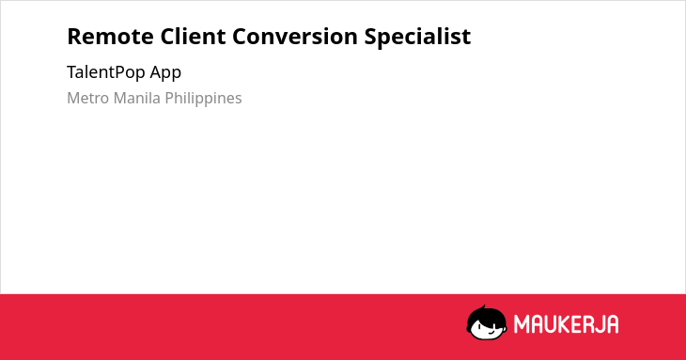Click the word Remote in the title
[x=110, y=37]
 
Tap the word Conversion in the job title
[x=295, y=37]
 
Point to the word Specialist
[x=418, y=38]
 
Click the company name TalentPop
[x=106, y=72]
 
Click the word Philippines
[x=203, y=99]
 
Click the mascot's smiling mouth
[x=492, y=333]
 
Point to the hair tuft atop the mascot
[x=483, y=307]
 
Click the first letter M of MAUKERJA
[x=522, y=324]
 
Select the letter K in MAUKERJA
[x=564, y=324]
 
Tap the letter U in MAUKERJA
[x=550, y=324]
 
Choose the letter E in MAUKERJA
[x=575, y=324]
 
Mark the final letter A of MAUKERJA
[x=612, y=324]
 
